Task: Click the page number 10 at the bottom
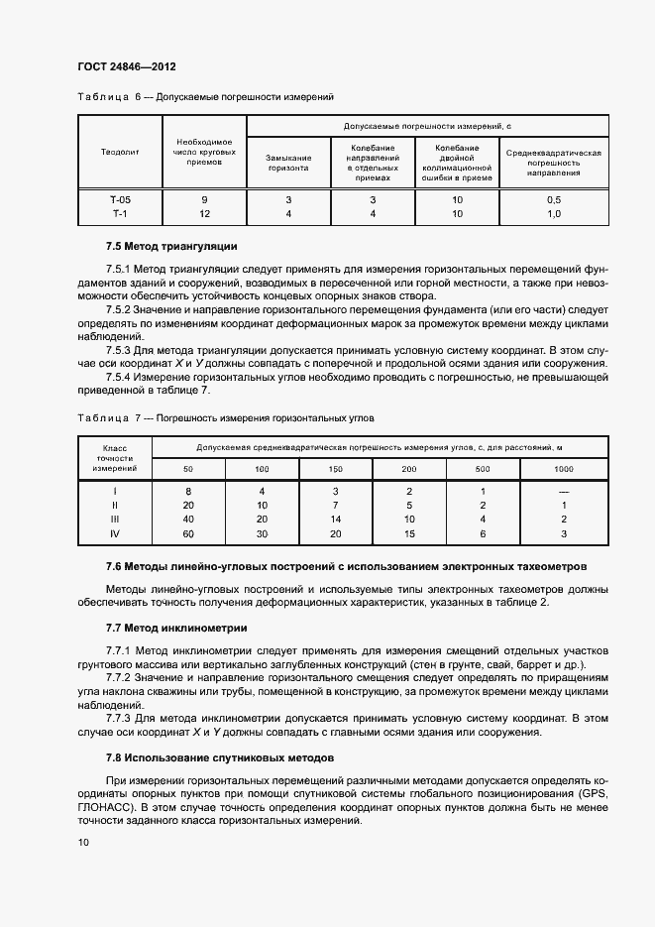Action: coord(84,843)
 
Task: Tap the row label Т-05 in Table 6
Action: coord(120,199)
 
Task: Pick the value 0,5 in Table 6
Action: coord(553,199)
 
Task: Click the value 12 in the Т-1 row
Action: coord(204,213)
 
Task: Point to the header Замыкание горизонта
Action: coord(287,163)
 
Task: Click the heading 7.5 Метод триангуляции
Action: coord(170,246)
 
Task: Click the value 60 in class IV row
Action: coord(188,533)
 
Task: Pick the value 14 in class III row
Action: coord(335,519)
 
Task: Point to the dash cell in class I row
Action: coord(563,491)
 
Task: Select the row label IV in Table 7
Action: coord(114,533)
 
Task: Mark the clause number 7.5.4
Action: coord(121,377)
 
